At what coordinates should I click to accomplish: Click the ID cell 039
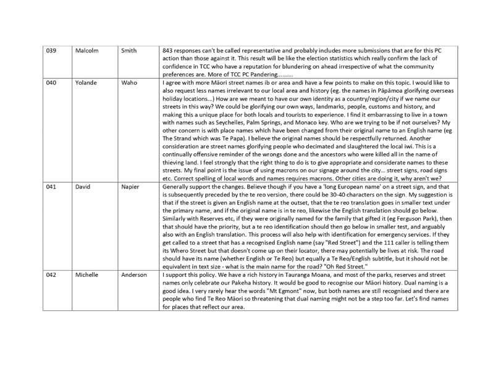pyautogui.click(x=51, y=51)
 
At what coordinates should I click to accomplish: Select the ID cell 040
pyautogui.click(x=51, y=82)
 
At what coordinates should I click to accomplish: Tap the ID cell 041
pyautogui.click(x=51, y=187)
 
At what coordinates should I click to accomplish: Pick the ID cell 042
pyautogui.click(x=51, y=274)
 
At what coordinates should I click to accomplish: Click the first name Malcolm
pyautogui.click(x=87, y=51)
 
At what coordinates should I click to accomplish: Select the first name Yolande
pyautogui.click(x=86, y=82)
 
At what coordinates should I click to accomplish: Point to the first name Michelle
pyautogui.click(x=86, y=274)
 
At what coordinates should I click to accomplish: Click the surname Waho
pyautogui.click(x=129, y=82)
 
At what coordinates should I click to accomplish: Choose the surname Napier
pyautogui.click(x=130, y=187)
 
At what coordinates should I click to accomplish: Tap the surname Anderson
pyautogui.click(x=134, y=274)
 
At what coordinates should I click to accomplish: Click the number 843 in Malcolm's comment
pyautogui.click(x=167, y=51)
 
